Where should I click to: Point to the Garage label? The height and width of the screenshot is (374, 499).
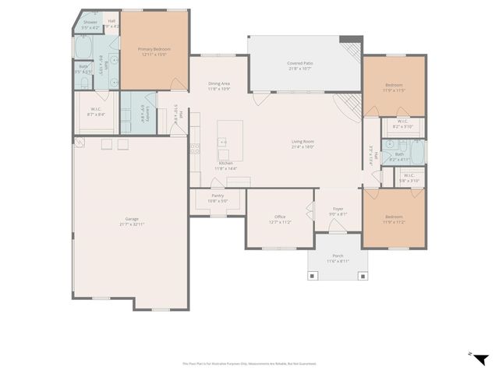point(132,221)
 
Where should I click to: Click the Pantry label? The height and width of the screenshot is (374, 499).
point(218,198)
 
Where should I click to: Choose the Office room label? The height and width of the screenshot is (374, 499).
point(280,219)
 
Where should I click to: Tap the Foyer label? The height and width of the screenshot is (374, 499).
point(338,210)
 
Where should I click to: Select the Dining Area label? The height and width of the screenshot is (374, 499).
point(218,86)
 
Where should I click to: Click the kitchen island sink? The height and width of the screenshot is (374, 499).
point(222,143)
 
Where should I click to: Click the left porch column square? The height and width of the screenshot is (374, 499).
point(313,275)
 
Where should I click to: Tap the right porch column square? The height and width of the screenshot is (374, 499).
point(361,275)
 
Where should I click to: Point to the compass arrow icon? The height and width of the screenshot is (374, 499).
point(481,358)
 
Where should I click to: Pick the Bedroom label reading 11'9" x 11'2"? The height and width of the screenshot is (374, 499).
point(394,219)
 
